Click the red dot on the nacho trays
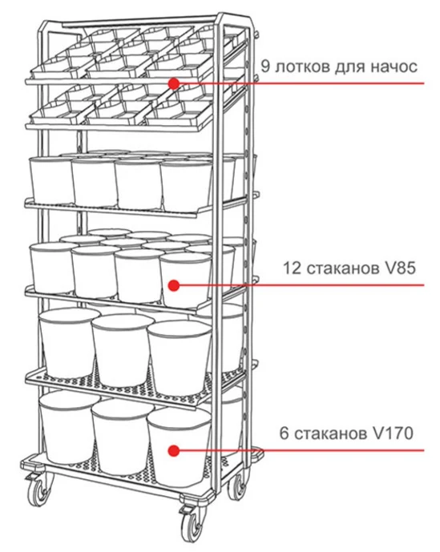174,83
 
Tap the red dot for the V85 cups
174,285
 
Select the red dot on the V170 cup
174,450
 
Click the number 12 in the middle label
292,268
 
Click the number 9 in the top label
265,66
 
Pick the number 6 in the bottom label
284,433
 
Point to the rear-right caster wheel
238,487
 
